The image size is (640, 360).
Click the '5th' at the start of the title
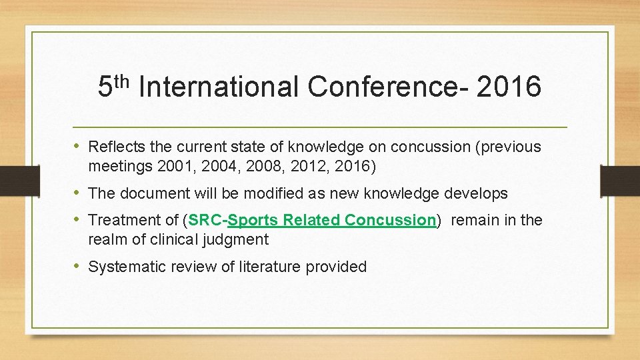point(112,87)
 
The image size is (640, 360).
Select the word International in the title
point(219,87)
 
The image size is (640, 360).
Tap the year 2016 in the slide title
point(509,87)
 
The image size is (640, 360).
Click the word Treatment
point(122,221)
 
